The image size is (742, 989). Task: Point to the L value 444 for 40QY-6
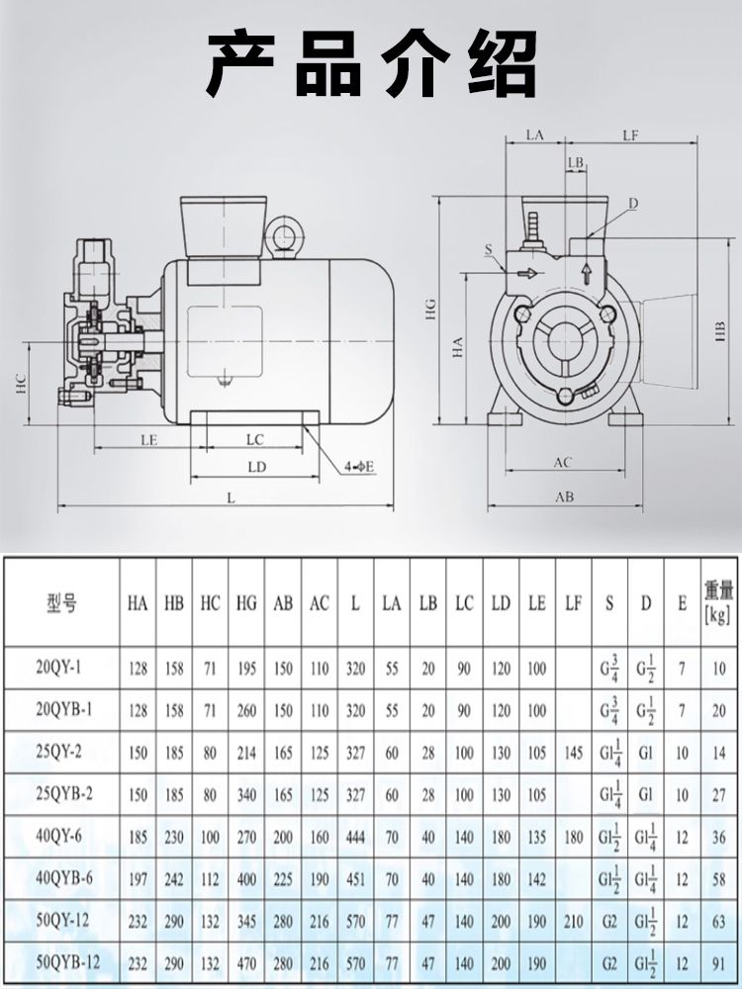(x=355, y=836)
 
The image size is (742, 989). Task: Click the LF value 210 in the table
(x=574, y=920)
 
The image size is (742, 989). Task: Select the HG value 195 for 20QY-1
(x=245, y=669)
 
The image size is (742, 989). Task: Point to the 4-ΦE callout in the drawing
(x=358, y=465)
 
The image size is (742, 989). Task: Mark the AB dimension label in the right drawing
(x=564, y=497)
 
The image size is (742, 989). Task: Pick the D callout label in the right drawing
(x=632, y=203)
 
